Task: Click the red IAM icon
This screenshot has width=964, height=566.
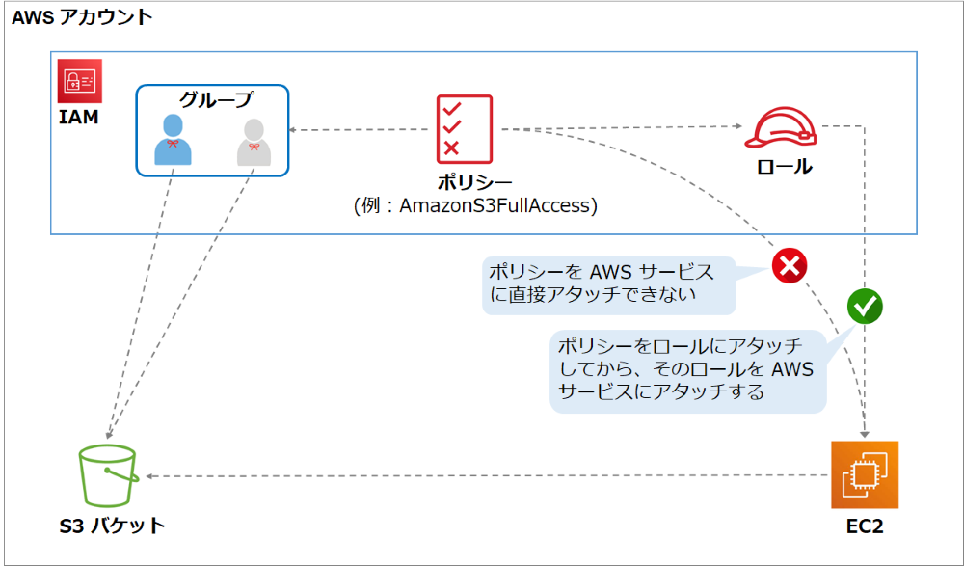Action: (x=80, y=83)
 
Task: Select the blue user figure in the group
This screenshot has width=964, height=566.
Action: (x=173, y=139)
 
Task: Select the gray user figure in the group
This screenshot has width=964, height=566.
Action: (x=254, y=141)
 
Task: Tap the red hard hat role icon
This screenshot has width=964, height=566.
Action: (x=780, y=128)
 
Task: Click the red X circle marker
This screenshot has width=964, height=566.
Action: (x=789, y=264)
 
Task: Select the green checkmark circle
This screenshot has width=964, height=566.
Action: (x=865, y=306)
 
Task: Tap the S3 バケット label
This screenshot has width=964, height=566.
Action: (x=112, y=526)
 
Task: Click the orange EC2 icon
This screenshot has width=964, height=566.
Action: (x=865, y=474)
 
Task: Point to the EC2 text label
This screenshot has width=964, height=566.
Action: (x=865, y=526)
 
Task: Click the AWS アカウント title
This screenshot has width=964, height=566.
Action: (x=82, y=17)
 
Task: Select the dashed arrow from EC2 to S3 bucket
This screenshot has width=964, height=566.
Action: (x=482, y=475)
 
